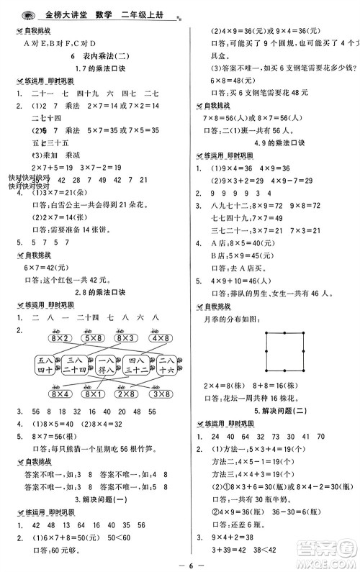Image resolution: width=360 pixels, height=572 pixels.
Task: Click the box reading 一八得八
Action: tap(107, 365)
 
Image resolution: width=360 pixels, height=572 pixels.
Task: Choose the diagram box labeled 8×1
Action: tap(91, 393)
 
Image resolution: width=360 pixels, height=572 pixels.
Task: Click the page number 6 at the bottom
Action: tap(179, 562)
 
